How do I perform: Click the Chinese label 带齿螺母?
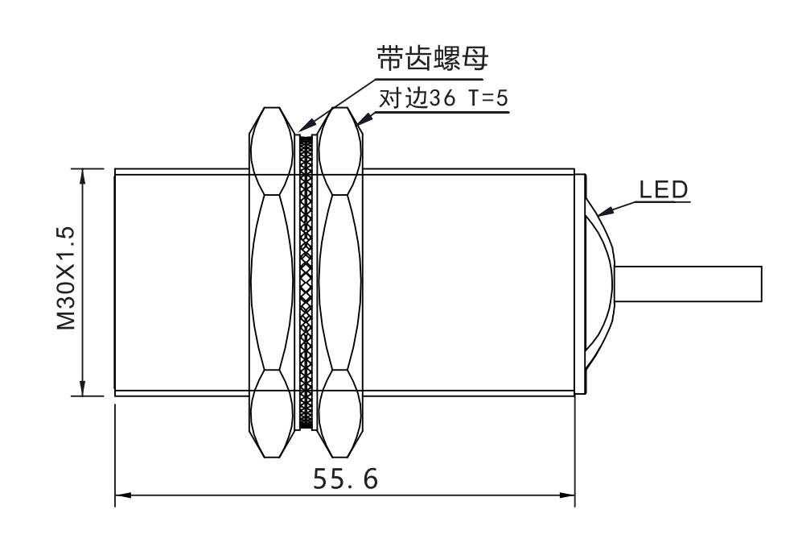(432, 59)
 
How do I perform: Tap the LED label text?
(664, 190)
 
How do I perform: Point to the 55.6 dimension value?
(345, 479)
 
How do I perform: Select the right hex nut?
(340, 282)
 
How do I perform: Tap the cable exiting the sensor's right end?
(688, 284)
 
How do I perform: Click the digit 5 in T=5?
(502, 97)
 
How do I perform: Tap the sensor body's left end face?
(115, 282)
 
